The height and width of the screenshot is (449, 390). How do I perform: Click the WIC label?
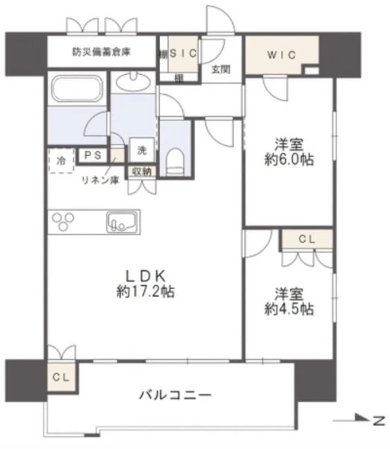coord(282,55)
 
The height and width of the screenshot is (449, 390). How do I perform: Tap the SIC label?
coord(183,53)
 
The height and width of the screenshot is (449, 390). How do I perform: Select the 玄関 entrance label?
coord(220,69)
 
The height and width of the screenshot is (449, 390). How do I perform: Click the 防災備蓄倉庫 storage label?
coord(102,52)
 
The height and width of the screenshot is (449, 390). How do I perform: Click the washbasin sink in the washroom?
coord(133,82)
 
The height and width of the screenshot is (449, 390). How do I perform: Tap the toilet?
coord(176,162)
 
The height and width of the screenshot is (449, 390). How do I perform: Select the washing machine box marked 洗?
coord(142,150)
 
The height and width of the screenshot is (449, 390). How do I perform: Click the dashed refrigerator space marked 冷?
coord(61,160)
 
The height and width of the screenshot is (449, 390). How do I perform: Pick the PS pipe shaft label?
coord(93,155)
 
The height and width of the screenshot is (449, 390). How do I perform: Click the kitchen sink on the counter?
coord(122,222)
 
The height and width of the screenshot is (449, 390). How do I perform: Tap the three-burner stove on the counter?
coord(64,222)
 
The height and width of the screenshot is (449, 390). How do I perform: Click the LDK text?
coord(146,276)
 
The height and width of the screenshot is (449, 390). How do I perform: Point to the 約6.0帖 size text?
coord(289,160)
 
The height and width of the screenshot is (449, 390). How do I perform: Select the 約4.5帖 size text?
coord(289,309)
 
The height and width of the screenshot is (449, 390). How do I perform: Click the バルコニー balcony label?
coord(176,395)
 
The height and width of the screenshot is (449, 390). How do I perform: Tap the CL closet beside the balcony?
coord(61,377)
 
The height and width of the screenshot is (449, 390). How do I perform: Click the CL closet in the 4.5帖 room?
coord(307,239)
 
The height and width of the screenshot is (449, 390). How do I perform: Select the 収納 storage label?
coord(142,171)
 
